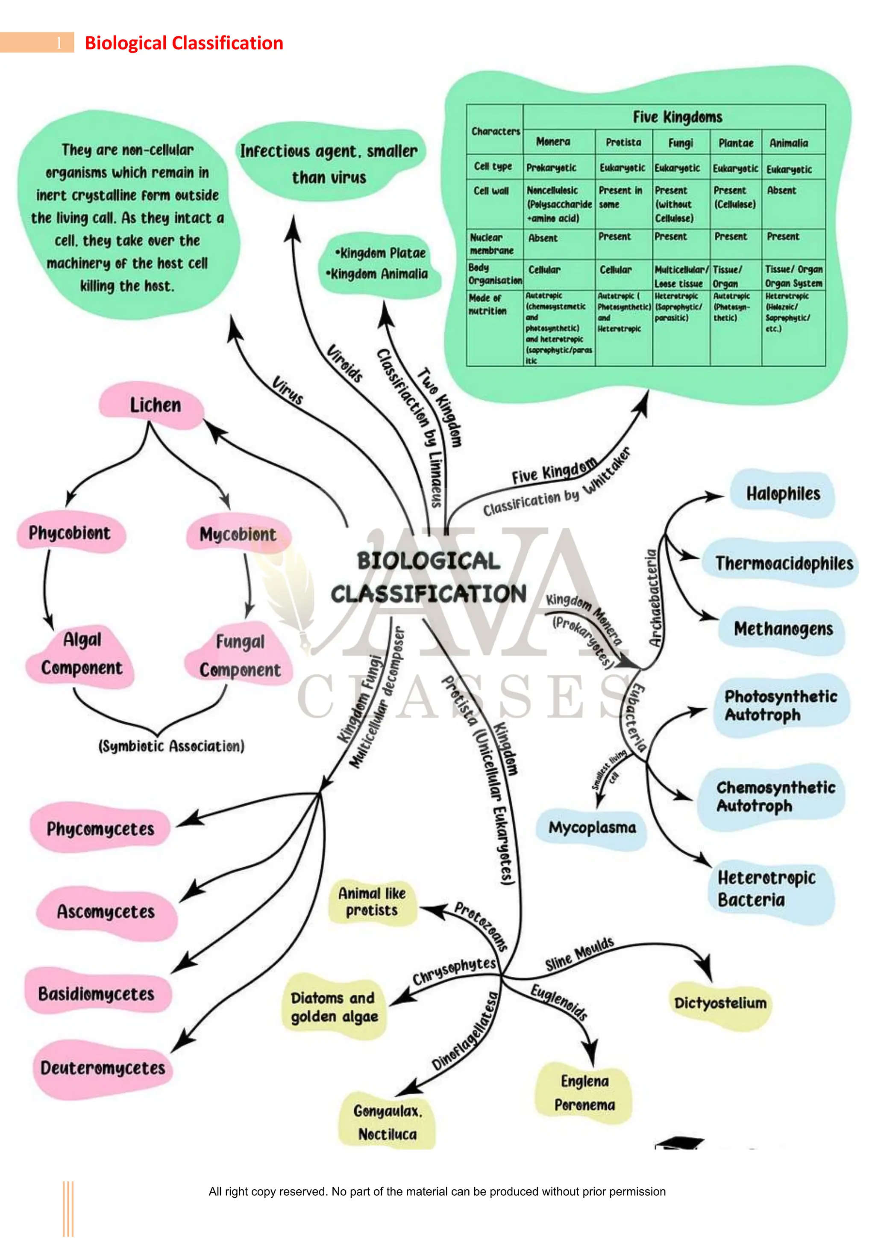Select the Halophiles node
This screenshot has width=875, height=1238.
pyautogui.click(x=782, y=494)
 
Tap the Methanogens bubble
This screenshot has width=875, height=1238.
pyautogui.click(x=783, y=629)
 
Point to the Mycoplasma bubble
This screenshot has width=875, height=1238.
pyautogui.click(x=592, y=827)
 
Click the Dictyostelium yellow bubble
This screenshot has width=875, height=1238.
pyautogui.click(x=720, y=1003)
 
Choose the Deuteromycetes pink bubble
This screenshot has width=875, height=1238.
pyautogui.click(x=103, y=1068)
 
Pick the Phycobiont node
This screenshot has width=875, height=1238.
pyautogui.click(x=70, y=533)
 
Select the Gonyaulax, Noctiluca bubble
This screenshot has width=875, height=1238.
pyautogui.click(x=388, y=1122)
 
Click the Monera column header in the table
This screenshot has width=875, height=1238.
pyautogui.click(x=553, y=142)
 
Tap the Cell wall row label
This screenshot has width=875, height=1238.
pyautogui.click(x=491, y=191)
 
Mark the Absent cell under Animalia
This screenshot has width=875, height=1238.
pyautogui.click(x=781, y=191)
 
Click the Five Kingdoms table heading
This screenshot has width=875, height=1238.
pyautogui.click(x=677, y=117)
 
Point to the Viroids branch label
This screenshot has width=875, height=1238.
pyautogui.click(x=345, y=363)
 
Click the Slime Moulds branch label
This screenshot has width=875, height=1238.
pyautogui.click(x=579, y=954)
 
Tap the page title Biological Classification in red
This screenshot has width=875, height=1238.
pyautogui.click(x=184, y=43)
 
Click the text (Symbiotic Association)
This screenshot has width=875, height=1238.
pyautogui.click(x=171, y=746)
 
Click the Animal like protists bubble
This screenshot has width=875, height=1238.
pyautogui.click(x=372, y=902)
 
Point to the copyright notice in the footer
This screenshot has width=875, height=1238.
pyautogui.click(x=437, y=1192)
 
